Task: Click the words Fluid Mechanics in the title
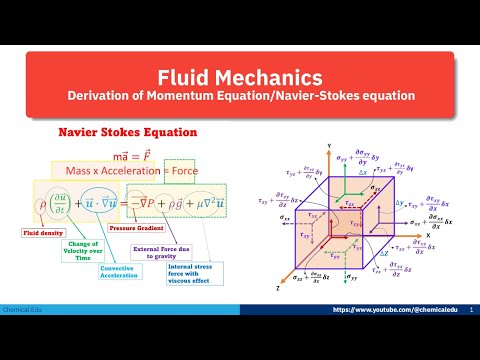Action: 240,77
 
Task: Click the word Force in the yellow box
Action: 213,170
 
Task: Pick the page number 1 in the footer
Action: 470,339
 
